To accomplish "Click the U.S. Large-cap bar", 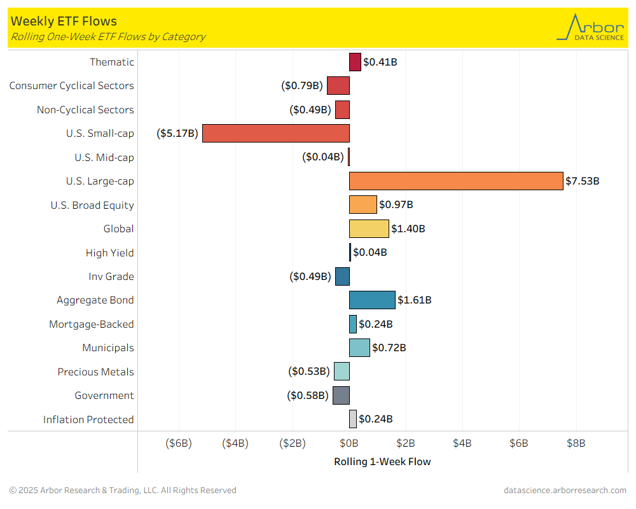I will [x=456, y=181].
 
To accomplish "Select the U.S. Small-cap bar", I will [x=276, y=133].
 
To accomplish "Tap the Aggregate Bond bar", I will [x=372, y=300].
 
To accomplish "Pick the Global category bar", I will [x=369, y=228].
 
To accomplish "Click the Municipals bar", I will [x=359, y=347].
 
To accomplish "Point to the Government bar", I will [x=341, y=395].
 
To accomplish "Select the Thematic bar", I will [x=355, y=62].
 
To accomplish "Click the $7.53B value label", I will [x=583, y=181].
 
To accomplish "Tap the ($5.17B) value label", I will [x=177, y=133].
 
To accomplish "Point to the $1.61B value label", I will [x=415, y=300].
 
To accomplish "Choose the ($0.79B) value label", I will [x=303, y=85].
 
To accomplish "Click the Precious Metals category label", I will [x=95, y=372].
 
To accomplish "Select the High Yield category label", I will [x=109, y=253].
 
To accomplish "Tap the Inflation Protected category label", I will [x=88, y=419].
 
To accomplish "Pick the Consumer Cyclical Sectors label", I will [x=71, y=85].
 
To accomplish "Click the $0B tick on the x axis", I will [x=349, y=443].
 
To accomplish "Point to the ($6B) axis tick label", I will [x=179, y=443].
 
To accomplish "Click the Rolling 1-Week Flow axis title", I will [x=382, y=462].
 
